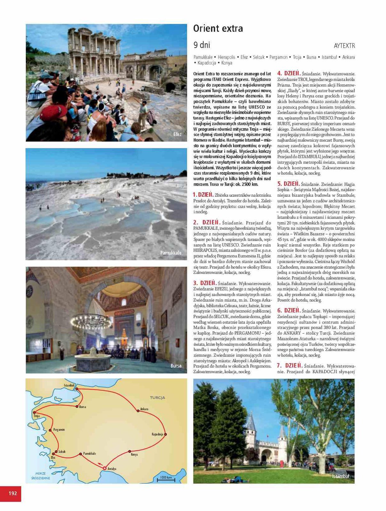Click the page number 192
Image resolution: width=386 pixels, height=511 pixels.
[12, 493]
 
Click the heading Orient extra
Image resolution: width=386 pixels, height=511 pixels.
[218, 29]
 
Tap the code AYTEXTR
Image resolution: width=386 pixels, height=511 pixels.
[344, 46]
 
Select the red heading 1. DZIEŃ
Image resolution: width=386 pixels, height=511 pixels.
[203, 194]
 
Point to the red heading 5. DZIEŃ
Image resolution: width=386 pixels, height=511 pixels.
[288, 184]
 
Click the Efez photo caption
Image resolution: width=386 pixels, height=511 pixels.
[177, 134]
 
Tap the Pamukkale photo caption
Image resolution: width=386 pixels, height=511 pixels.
[171, 253]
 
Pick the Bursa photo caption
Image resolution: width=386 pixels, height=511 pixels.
[176, 366]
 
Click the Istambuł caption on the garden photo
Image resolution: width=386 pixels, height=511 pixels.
[340, 476]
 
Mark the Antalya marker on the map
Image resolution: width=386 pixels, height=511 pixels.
[104, 468]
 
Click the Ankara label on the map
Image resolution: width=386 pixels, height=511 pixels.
[144, 409]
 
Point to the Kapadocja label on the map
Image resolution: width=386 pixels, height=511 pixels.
[158, 434]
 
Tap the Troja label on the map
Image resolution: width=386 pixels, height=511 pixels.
[37, 416]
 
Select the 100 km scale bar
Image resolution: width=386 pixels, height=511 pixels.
[166, 478]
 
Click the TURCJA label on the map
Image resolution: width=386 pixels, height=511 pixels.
[158, 398]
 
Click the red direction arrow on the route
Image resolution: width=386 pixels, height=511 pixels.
[100, 464]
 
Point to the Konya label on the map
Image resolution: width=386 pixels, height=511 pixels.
[134, 454]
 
